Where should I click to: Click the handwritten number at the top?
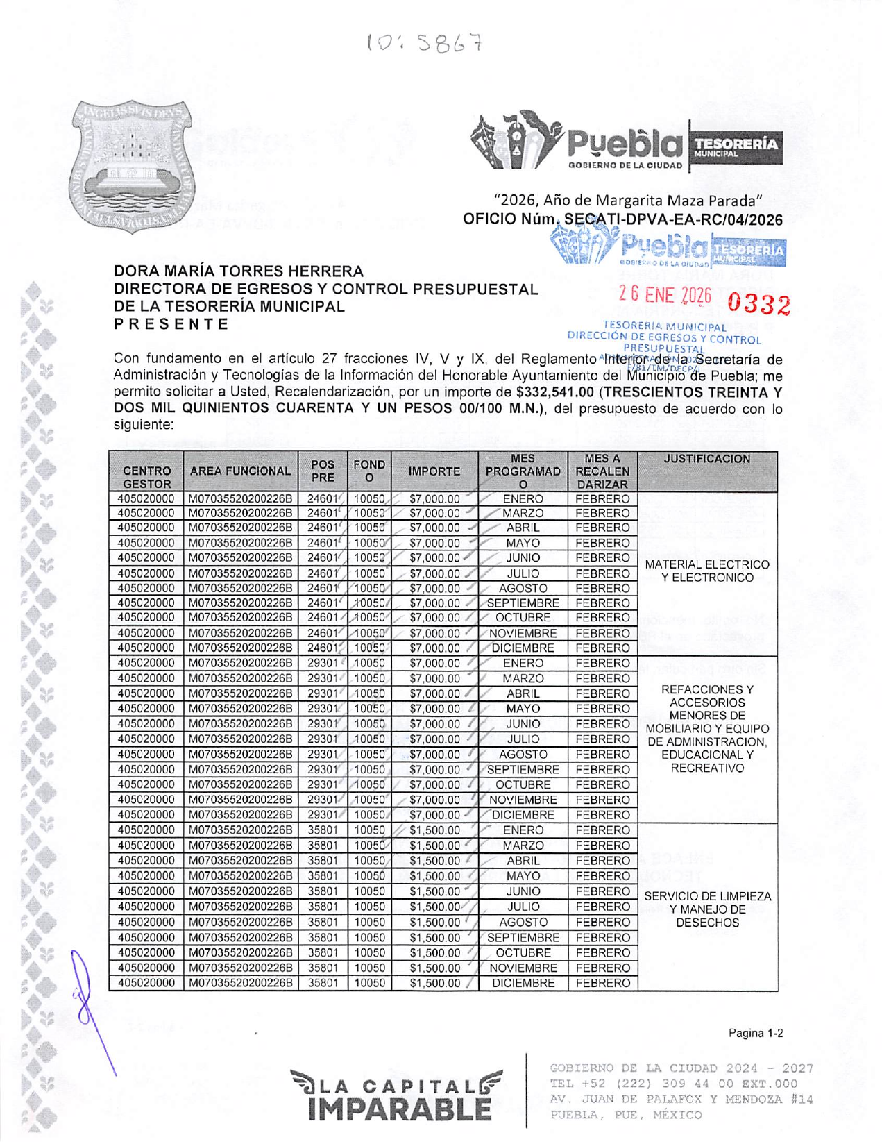[424, 44]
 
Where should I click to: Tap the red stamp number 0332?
[759, 304]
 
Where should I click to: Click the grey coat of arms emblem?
[133, 167]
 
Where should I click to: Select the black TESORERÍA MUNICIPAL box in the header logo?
[736, 147]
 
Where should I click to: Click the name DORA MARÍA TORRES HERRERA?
[239, 271]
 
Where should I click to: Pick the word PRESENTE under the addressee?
[171, 324]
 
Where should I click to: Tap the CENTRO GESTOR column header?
[146, 477]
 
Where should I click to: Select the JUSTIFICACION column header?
[706, 460]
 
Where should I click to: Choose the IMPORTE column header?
[434, 471]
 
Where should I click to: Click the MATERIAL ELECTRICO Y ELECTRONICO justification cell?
[706, 571]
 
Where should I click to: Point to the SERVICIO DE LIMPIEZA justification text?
[707, 909]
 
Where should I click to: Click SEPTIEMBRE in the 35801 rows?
[523, 938]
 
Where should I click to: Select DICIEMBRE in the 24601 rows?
[523, 648]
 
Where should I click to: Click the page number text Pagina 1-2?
[756, 1034]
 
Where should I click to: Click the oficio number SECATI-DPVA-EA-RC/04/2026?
[673, 220]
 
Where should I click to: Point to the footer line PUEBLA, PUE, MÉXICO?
[626, 1116]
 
